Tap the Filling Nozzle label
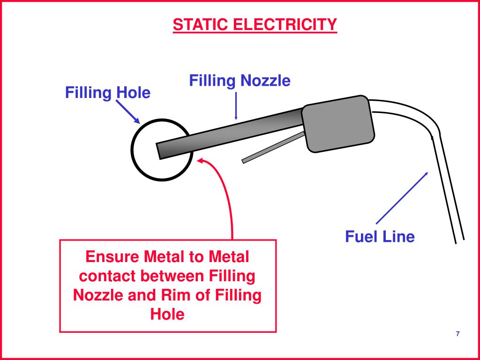click(x=240, y=81)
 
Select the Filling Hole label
click(x=107, y=93)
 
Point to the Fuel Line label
click(x=380, y=236)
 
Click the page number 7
click(x=457, y=333)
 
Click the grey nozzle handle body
click(x=338, y=124)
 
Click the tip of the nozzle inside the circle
click(x=160, y=150)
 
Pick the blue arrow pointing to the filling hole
click(x=127, y=111)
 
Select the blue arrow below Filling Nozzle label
click(x=236, y=105)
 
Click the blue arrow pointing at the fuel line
click(x=402, y=197)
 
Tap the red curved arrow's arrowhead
click(x=201, y=161)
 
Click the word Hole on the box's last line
click(x=167, y=314)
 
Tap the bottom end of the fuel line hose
click(x=459, y=240)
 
